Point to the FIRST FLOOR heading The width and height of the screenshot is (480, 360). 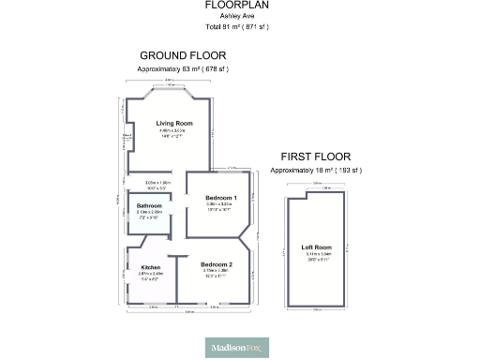click(x=315, y=157)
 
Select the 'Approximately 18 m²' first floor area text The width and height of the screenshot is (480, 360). click(x=315, y=171)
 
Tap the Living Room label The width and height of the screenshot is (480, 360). click(x=174, y=124)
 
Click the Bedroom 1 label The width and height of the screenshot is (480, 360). click(x=222, y=198)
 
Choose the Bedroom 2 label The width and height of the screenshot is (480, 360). click(x=217, y=264)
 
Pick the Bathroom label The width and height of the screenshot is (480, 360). click(x=150, y=205)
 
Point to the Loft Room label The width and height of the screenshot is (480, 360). click(x=315, y=247)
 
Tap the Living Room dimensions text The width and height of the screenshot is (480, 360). click(x=174, y=134)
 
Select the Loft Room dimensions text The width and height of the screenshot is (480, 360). click(x=315, y=256)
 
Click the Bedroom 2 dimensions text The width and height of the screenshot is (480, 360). click(x=217, y=274)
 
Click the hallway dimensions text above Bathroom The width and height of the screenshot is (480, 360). click(x=156, y=185)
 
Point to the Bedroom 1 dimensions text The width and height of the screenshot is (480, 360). click(x=222, y=207)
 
